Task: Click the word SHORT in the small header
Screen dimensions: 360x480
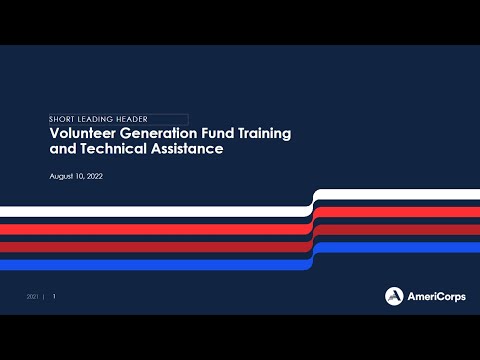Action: click(65, 119)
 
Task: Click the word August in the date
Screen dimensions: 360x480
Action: click(62, 176)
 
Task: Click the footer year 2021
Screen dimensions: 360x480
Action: click(33, 297)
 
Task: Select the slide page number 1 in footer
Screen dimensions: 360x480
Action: click(54, 297)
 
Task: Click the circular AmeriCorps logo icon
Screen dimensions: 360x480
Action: click(395, 295)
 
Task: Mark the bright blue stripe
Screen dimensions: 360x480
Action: click(150, 265)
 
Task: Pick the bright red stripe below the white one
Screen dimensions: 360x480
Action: click(150, 228)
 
